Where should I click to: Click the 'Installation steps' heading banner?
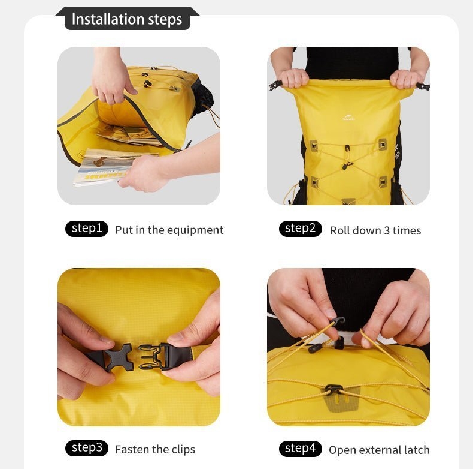(127, 19)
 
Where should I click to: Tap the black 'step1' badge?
(87, 229)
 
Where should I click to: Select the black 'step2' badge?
(300, 229)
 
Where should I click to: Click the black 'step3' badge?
(87, 448)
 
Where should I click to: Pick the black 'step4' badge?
(300, 448)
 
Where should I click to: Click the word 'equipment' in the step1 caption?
(195, 230)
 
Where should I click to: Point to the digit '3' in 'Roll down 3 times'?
(386, 230)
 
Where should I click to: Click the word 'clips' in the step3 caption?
(183, 450)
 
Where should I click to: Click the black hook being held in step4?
(338, 323)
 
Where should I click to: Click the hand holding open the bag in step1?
(111, 78)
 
